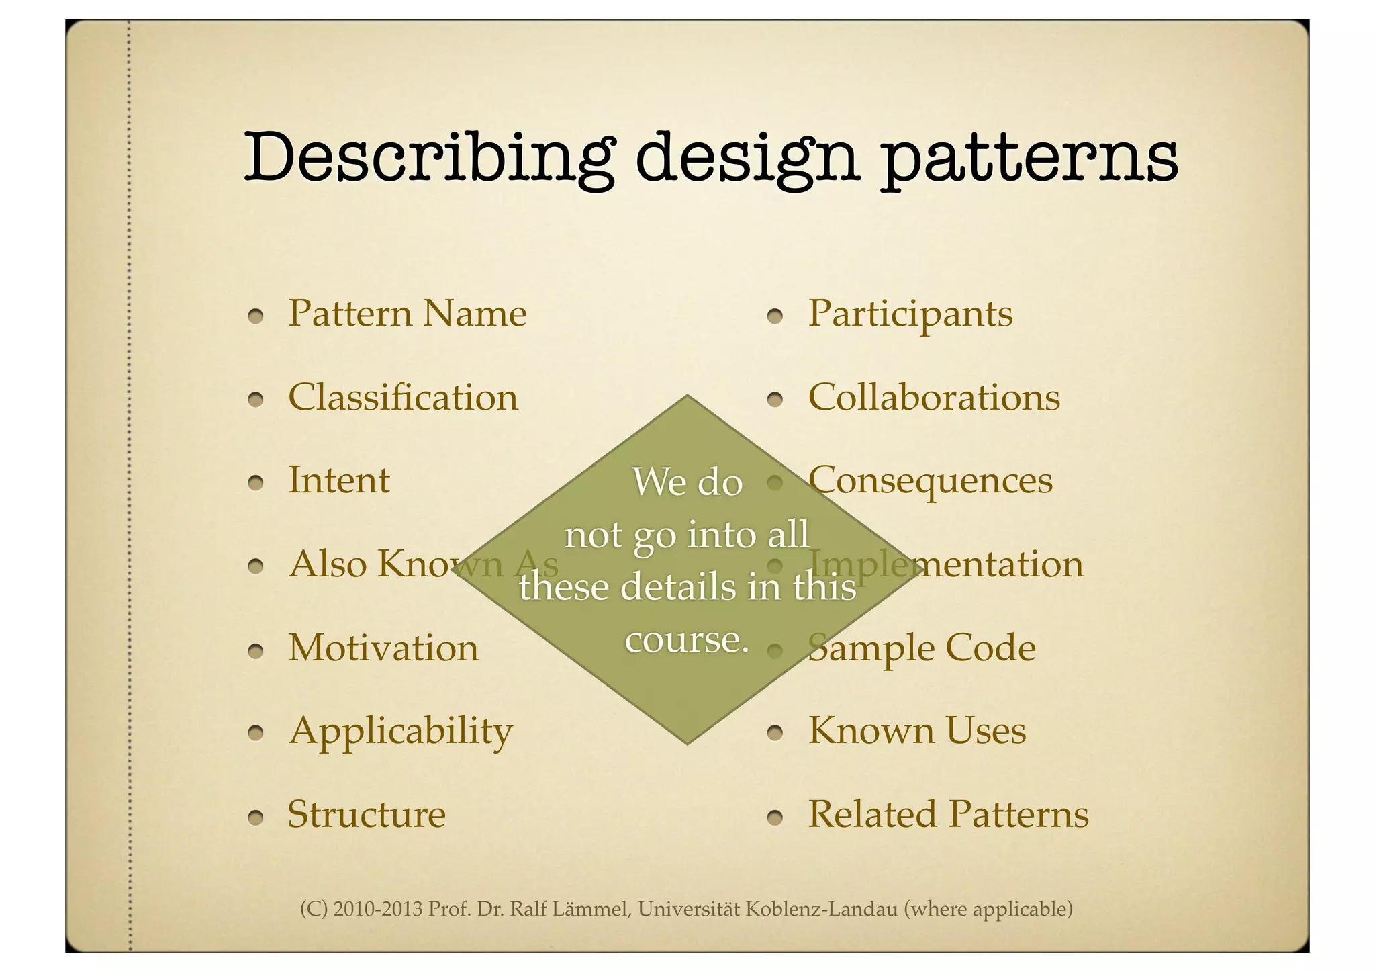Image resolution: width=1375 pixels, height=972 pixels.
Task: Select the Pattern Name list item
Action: [x=407, y=314]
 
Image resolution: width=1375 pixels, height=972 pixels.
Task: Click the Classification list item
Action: [x=403, y=397]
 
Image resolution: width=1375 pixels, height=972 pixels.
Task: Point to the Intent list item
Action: [x=338, y=480]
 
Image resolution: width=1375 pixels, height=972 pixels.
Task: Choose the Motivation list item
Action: [x=383, y=648]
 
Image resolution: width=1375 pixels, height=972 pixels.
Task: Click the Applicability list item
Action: [x=400, y=731]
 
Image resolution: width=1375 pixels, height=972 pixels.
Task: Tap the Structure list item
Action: [x=367, y=814]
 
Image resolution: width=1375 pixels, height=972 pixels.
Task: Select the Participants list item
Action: [x=910, y=314]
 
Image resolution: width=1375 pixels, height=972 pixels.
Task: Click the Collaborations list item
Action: [x=933, y=397]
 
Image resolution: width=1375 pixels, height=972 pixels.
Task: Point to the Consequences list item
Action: [x=930, y=480]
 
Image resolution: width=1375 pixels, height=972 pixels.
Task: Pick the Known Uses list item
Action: [x=916, y=731]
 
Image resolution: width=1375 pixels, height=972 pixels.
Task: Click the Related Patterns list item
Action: [x=948, y=814]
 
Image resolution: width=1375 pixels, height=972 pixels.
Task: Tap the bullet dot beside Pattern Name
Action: [x=254, y=316]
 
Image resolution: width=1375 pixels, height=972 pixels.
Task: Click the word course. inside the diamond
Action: [x=686, y=639]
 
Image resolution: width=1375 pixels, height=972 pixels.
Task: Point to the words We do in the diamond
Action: [x=687, y=482]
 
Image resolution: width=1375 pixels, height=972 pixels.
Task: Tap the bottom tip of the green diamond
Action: [x=687, y=742]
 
